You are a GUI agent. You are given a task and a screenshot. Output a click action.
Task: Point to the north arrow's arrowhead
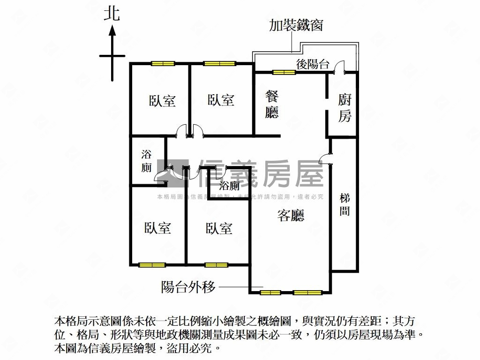112,31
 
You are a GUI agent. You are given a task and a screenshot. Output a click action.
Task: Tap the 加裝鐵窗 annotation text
296,25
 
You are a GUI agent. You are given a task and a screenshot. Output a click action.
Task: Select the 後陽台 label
313,64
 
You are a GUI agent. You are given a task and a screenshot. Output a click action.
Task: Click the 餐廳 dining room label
272,105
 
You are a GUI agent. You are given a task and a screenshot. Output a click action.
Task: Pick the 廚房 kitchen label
345,107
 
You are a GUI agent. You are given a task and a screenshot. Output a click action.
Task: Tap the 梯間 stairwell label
345,205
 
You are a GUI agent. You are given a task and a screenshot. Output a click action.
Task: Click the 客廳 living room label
291,215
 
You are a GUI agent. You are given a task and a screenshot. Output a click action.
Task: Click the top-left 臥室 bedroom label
162,101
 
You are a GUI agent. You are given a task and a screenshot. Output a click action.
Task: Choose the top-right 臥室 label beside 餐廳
221,100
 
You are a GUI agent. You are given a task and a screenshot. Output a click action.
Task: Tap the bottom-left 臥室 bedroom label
157,228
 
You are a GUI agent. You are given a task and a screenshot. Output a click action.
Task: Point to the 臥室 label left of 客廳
219,228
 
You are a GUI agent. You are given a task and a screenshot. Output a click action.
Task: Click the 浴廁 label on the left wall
146,161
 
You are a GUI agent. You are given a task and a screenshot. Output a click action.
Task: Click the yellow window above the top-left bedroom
163,64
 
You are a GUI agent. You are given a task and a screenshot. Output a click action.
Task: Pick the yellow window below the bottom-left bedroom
152,265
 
